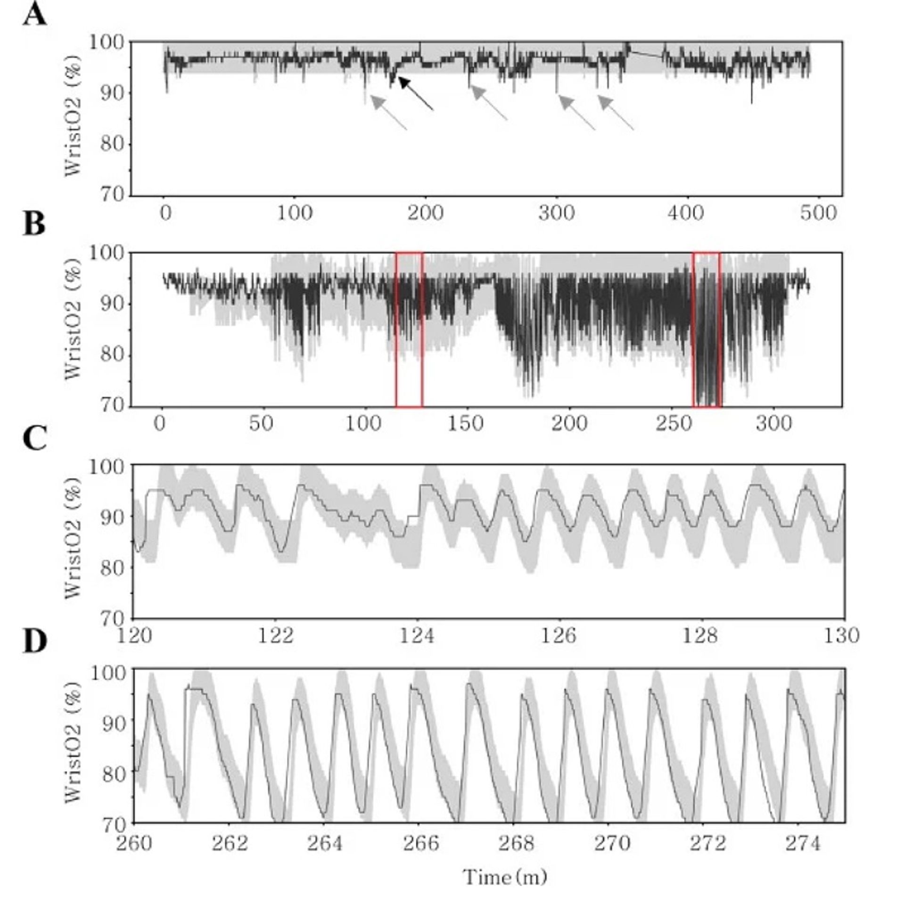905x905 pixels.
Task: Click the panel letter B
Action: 34,224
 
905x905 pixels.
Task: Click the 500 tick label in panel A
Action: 818,214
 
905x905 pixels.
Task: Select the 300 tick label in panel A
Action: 557,214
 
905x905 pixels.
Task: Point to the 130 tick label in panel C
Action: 843,636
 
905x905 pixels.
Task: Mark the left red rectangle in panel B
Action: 409,329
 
